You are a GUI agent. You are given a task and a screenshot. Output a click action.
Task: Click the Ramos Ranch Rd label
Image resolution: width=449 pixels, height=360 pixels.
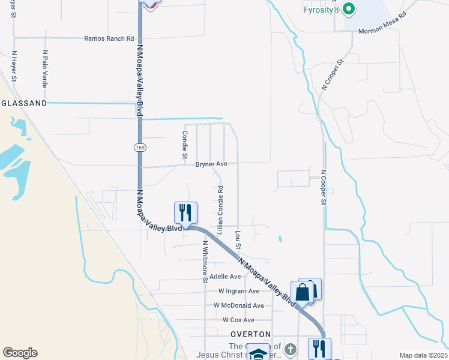coord(109,38)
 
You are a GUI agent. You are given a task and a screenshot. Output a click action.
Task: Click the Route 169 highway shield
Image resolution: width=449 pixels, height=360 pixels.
coord(139,147)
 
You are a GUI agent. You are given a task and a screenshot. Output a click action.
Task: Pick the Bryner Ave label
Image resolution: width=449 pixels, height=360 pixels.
coord(211,163)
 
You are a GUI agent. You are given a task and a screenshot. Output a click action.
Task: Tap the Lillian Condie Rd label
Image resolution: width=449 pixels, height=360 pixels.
coord(220,209)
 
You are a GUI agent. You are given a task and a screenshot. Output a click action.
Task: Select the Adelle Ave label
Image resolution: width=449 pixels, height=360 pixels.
coord(224,277)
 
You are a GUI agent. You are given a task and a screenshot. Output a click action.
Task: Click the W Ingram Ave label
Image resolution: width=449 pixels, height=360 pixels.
coord(238,291)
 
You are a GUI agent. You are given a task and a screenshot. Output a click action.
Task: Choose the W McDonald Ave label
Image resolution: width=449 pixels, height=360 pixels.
coord(238,305)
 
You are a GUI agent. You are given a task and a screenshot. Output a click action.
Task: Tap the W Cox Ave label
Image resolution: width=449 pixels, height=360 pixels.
coord(238,320)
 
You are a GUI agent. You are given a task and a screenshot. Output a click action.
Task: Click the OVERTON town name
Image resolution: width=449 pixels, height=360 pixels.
coord(251,334)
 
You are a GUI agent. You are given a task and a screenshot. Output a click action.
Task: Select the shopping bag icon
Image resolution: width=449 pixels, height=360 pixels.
coord(303,292)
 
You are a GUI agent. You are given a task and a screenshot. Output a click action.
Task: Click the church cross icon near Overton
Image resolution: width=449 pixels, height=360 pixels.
coord(289,349)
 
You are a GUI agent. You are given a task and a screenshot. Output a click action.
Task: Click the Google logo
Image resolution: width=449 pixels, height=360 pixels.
coord(20,353)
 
